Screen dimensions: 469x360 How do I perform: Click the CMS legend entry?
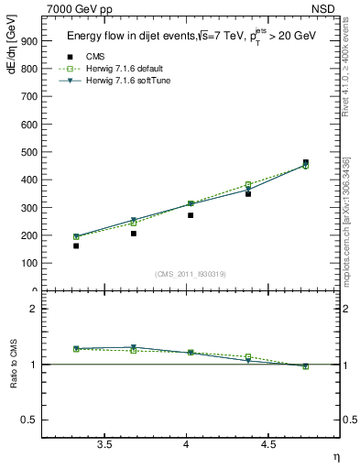click(x=94, y=56)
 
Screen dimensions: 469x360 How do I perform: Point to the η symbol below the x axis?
click(x=335, y=455)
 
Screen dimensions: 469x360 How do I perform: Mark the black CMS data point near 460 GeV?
click(x=306, y=162)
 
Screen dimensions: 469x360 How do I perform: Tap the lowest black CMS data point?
click(x=76, y=245)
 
